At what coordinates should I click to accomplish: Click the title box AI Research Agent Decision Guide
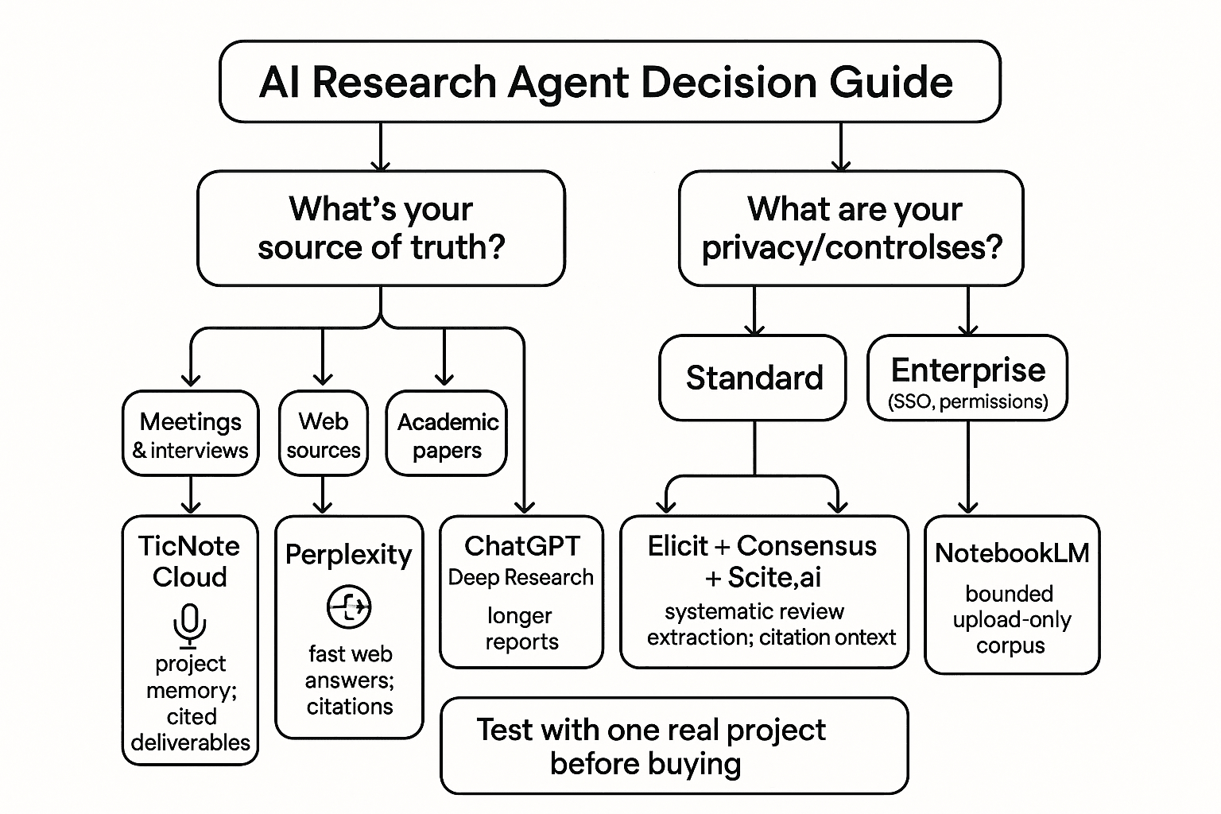coord(609,82)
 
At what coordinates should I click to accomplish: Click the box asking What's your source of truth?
coord(381,228)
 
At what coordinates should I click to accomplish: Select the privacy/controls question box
coord(851,228)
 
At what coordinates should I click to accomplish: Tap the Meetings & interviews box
coord(190,434)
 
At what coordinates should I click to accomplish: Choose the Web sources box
coord(323,434)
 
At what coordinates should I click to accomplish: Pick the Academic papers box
coord(446,434)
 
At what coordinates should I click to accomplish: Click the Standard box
coord(753,378)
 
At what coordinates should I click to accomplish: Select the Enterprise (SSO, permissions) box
coord(967,378)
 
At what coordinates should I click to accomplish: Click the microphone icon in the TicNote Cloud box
coord(189,625)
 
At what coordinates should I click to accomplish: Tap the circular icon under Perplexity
coord(349,607)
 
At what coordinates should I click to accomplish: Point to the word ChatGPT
coord(521,546)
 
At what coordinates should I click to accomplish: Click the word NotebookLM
coord(1011,552)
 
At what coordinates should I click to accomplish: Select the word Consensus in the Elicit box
coord(806,546)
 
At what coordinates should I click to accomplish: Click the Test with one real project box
coord(674,746)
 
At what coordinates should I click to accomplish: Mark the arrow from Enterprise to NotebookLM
coord(967,469)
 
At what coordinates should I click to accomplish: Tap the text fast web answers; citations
coord(350,680)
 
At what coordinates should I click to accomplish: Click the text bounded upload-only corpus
coord(1011,619)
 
